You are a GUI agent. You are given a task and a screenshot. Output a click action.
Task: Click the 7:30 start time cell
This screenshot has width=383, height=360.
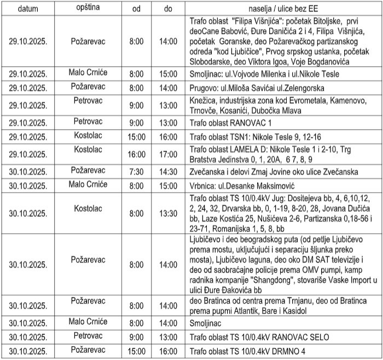pyautogui.click(x=136, y=171)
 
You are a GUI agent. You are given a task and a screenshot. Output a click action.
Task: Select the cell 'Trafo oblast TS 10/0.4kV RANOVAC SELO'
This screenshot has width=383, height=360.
pyautogui.click(x=259, y=336)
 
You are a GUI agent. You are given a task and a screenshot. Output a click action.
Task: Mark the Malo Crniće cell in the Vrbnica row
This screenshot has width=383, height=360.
pyautogui.click(x=88, y=184)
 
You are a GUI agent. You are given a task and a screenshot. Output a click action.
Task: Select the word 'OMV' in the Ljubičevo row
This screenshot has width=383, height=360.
pyautogui.click(x=312, y=272)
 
